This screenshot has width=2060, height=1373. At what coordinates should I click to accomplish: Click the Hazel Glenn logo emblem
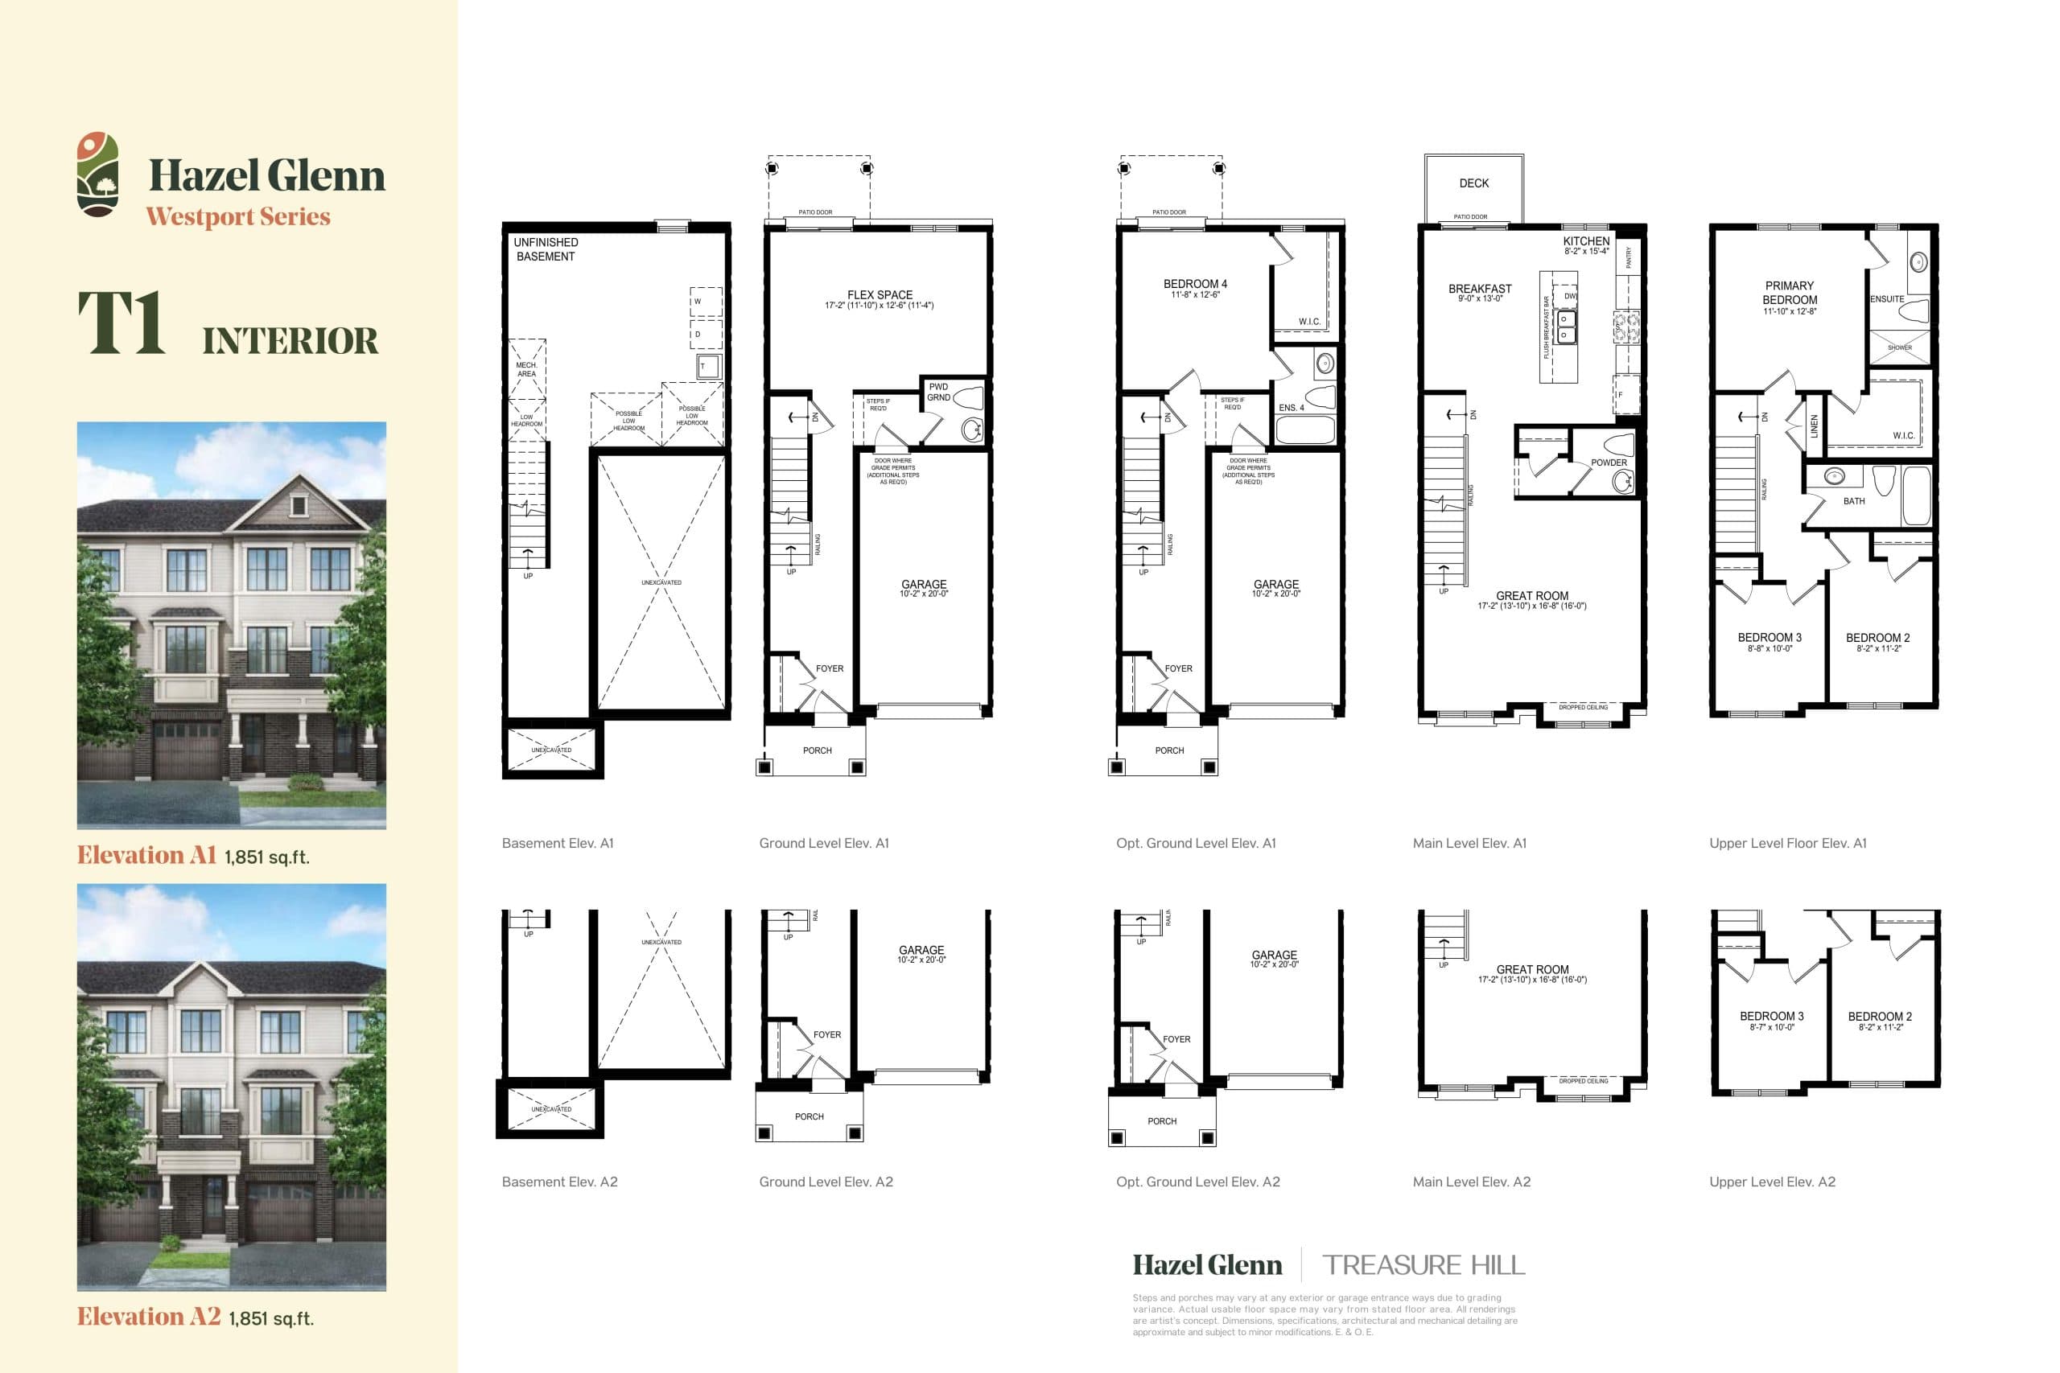97,175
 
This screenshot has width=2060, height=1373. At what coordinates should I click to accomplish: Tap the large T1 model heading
122,323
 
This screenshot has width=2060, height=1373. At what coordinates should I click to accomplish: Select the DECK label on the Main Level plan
1474,183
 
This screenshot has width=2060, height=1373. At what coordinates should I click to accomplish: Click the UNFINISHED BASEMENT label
546,249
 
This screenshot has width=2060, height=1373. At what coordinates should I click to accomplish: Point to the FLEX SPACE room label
880,295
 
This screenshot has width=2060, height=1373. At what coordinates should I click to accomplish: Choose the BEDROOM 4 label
1195,284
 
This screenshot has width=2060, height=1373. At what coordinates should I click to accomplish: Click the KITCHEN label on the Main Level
1586,240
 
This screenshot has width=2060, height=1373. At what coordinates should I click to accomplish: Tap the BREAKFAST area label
1479,289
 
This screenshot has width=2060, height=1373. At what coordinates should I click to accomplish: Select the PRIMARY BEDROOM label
1790,293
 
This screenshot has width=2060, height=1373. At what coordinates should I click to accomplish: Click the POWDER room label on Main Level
1609,462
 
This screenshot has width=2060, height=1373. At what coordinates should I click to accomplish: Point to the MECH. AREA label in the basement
526,369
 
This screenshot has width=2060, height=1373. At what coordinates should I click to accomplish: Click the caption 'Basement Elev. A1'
558,843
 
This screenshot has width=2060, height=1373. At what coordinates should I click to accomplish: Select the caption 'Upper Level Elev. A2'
1772,1182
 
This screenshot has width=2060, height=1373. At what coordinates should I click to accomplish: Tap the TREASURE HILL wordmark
1423,1265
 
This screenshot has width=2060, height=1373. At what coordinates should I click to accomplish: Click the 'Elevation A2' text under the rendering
149,1317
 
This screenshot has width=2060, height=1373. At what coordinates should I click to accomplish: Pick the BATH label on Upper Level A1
1854,501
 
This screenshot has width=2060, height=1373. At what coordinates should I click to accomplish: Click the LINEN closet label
1814,426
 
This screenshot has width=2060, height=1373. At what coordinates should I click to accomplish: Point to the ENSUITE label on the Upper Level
1886,298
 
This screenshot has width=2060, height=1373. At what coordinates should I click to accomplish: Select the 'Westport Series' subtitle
238,216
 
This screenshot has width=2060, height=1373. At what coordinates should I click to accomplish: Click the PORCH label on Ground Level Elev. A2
810,1116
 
